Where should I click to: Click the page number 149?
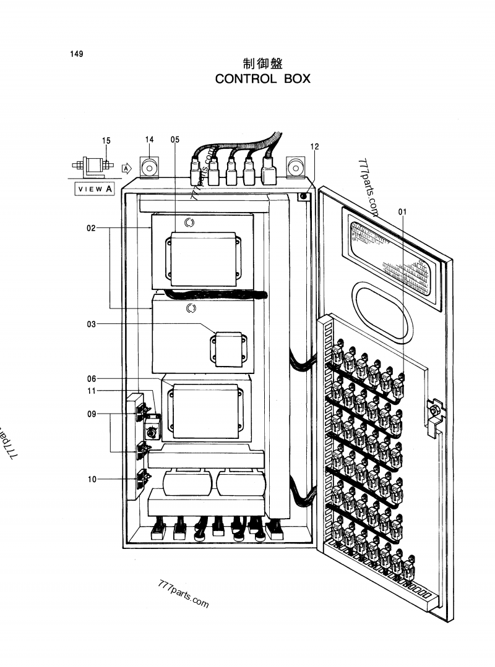click(x=77, y=54)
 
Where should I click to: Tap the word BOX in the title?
click(x=297, y=79)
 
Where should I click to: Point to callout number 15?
click(x=106, y=140)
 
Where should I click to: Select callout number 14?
click(x=149, y=139)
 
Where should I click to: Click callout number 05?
click(x=175, y=139)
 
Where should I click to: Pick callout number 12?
click(x=314, y=147)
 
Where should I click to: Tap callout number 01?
click(x=402, y=211)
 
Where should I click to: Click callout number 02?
click(x=91, y=228)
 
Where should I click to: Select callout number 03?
click(x=91, y=324)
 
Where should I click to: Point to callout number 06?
click(x=92, y=378)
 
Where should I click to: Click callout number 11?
click(x=92, y=391)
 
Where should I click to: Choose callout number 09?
click(x=92, y=414)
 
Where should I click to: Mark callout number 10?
click(x=92, y=479)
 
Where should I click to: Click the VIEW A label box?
click(x=95, y=189)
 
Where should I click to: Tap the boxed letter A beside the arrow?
click(x=126, y=169)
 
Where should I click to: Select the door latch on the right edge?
click(x=435, y=417)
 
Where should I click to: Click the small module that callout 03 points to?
click(x=228, y=349)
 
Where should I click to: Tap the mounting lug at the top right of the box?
click(x=295, y=168)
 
